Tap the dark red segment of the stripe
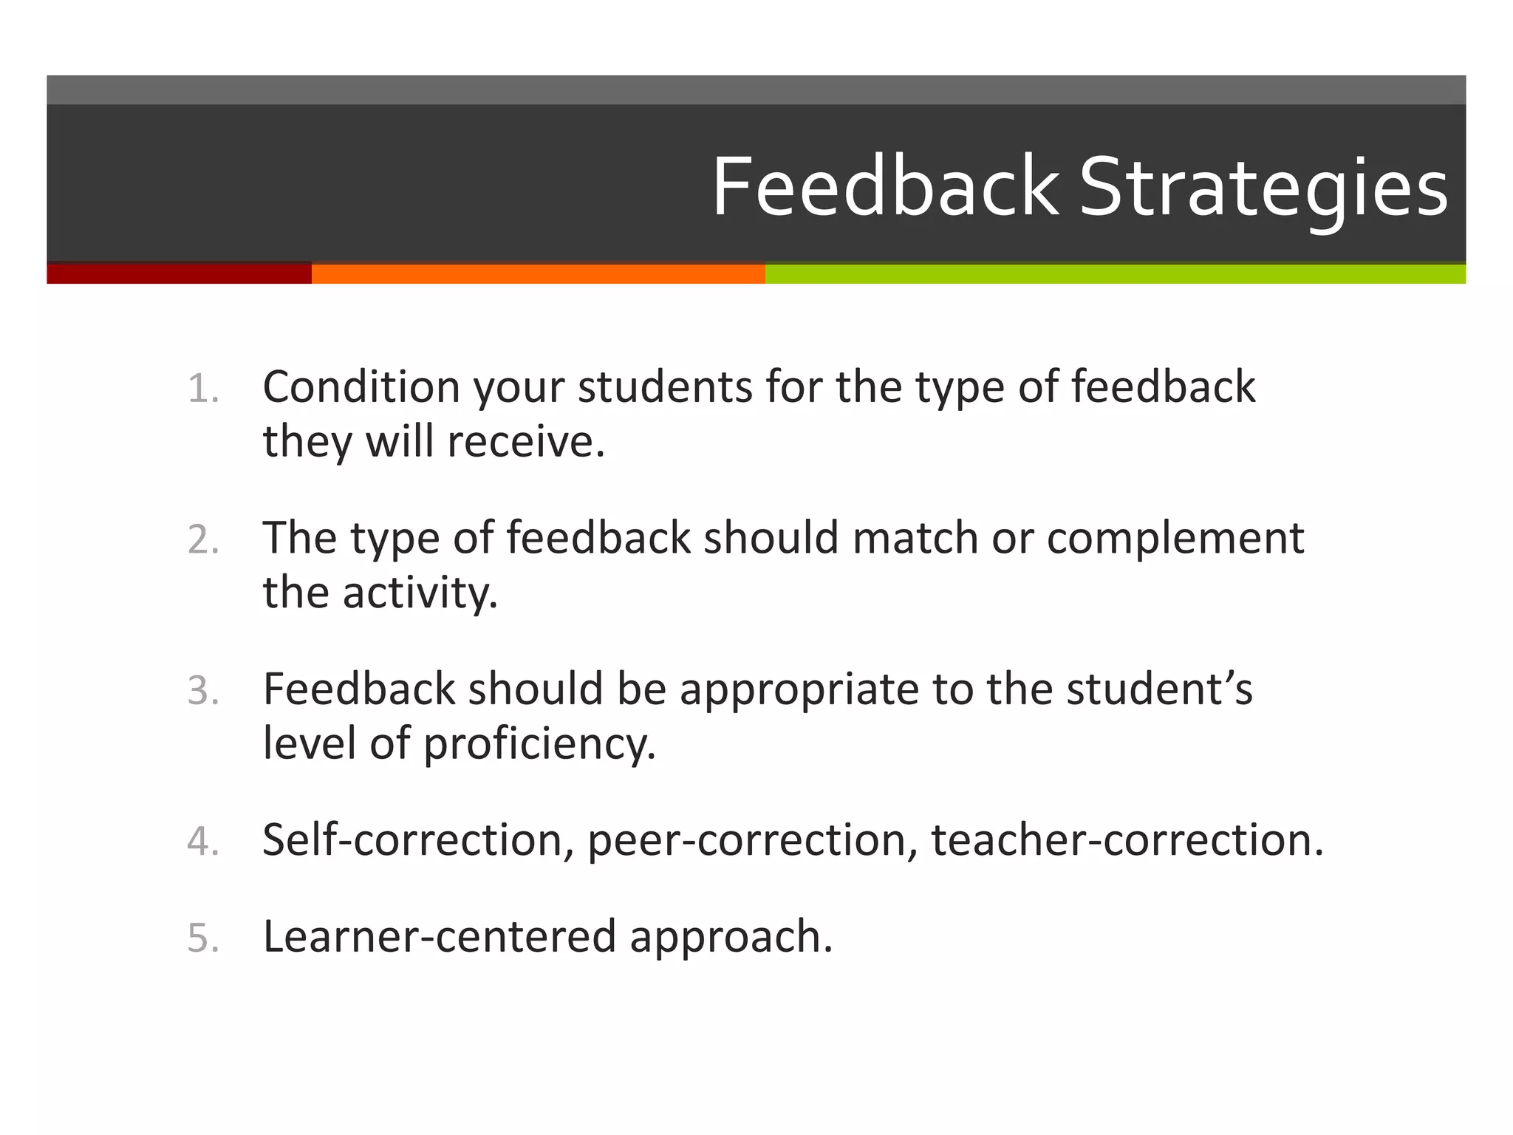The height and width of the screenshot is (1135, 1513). (x=179, y=273)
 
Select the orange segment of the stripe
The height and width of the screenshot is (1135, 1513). (x=538, y=273)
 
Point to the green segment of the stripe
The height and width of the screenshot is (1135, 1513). (x=1116, y=273)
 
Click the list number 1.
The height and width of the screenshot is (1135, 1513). (x=202, y=389)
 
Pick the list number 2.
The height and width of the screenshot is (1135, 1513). (x=202, y=539)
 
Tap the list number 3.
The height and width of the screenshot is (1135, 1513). (x=202, y=691)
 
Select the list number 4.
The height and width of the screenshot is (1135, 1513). (x=202, y=842)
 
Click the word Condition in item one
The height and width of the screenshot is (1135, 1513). (x=361, y=386)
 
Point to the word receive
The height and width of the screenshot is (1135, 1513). (x=525, y=441)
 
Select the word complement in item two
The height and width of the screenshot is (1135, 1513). (x=1175, y=538)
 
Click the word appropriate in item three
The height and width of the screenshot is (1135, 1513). (x=799, y=689)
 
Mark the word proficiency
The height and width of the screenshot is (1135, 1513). (x=539, y=743)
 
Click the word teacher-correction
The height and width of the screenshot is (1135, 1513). (x=1127, y=840)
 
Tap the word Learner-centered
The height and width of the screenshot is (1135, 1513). (x=439, y=936)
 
